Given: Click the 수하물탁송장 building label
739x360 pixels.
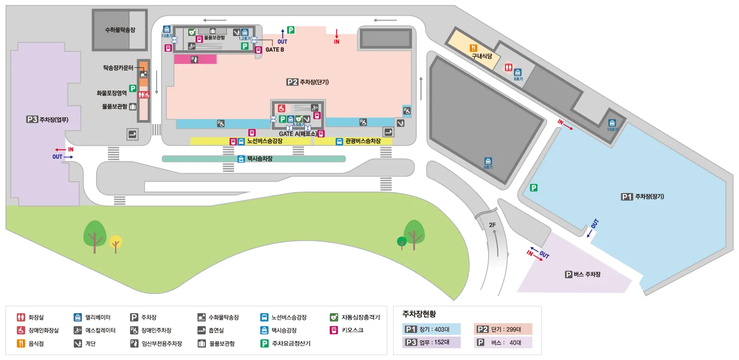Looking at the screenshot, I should pyautogui.click(x=120, y=30).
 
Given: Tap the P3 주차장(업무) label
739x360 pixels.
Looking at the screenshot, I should pyautogui.click(x=48, y=119).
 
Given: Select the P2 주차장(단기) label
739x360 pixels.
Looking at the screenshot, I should pyautogui.click(x=307, y=82).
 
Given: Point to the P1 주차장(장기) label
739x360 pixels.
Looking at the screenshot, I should pyautogui.click(x=643, y=196).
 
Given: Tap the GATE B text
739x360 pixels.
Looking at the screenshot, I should pyautogui.click(x=274, y=50).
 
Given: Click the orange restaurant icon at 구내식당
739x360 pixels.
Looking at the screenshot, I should pyautogui.click(x=473, y=48).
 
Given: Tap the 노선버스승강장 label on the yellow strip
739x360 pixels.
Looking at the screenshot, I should pyautogui.click(x=264, y=141).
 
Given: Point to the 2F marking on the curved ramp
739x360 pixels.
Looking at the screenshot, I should pyautogui.click(x=492, y=225).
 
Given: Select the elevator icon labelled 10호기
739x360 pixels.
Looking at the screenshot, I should pyautogui.click(x=612, y=123).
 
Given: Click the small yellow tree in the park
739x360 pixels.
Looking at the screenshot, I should pyautogui.click(x=115, y=242).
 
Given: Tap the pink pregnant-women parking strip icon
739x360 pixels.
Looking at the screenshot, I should pyautogui.click(x=195, y=60).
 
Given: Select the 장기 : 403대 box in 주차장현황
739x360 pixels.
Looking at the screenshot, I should pyautogui.click(x=432, y=329).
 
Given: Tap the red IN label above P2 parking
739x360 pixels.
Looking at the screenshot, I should pyautogui.click(x=336, y=42).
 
